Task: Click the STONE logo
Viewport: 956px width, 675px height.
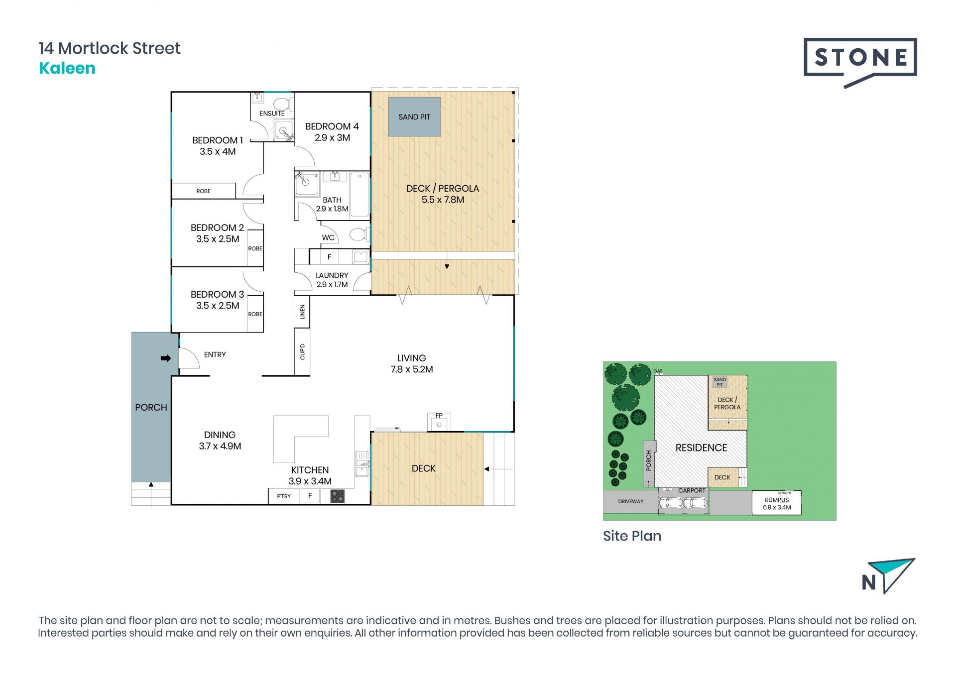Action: click(x=860, y=62)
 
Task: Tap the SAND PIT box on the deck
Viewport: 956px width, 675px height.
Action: click(x=414, y=117)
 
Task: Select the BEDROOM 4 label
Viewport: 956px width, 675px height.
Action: click(x=332, y=126)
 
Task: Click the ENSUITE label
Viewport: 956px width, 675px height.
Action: click(x=272, y=113)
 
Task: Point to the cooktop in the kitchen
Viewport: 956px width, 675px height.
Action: click(x=337, y=496)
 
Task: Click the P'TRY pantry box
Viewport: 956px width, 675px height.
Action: click(x=284, y=496)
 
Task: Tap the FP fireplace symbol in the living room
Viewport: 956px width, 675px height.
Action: click(x=439, y=422)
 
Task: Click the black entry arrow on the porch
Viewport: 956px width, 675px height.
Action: click(x=166, y=358)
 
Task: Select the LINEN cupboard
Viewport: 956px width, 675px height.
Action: click(x=302, y=312)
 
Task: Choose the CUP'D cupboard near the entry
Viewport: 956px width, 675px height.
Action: click(x=302, y=351)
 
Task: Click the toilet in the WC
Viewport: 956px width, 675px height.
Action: click(x=358, y=234)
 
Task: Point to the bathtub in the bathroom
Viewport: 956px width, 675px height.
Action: click(x=359, y=195)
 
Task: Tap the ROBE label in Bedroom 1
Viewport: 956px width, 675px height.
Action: click(x=203, y=191)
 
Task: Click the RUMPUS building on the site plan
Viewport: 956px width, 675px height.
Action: click(x=777, y=503)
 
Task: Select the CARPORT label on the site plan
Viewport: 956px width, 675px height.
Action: click(x=692, y=491)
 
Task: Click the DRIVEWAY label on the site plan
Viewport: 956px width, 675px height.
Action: click(x=631, y=502)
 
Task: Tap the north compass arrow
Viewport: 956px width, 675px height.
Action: click(x=892, y=575)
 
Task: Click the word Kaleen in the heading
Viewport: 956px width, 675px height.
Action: click(x=67, y=68)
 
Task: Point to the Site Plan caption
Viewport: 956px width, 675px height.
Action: click(x=632, y=536)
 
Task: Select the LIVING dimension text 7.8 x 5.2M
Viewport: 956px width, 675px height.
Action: click(x=412, y=369)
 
